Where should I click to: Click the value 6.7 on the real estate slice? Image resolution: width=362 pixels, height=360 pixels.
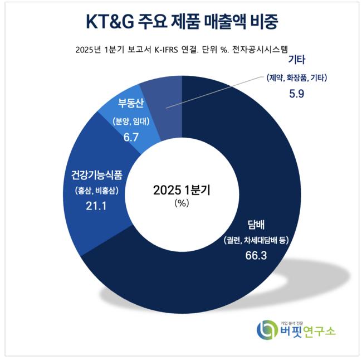[130, 134]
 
